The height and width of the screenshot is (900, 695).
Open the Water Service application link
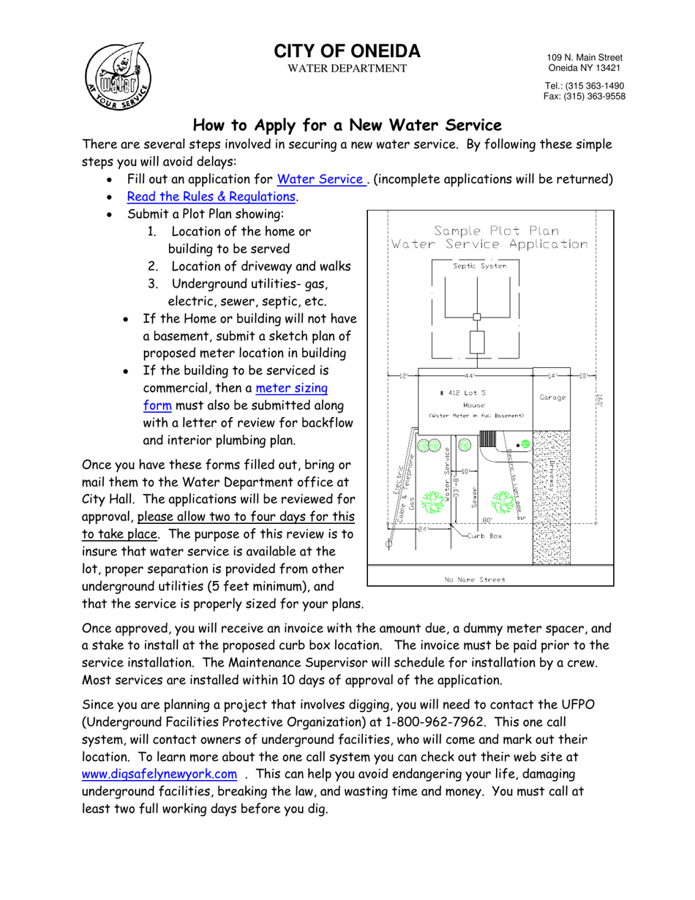pyautogui.click(x=321, y=179)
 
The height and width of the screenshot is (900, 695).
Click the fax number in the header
pyautogui.click(x=583, y=96)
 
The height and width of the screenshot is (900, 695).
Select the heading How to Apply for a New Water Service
pyautogui.click(x=347, y=125)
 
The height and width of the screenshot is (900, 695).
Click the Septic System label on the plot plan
pyautogui.click(x=479, y=266)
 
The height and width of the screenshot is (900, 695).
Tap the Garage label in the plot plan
pyautogui.click(x=554, y=398)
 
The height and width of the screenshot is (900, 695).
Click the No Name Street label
pyautogui.click(x=474, y=579)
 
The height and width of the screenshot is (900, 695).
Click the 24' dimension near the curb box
pyautogui.click(x=422, y=528)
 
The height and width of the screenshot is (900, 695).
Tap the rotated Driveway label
pyautogui.click(x=550, y=476)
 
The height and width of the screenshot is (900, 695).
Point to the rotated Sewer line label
pyautogui.click(x=475, y=498)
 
